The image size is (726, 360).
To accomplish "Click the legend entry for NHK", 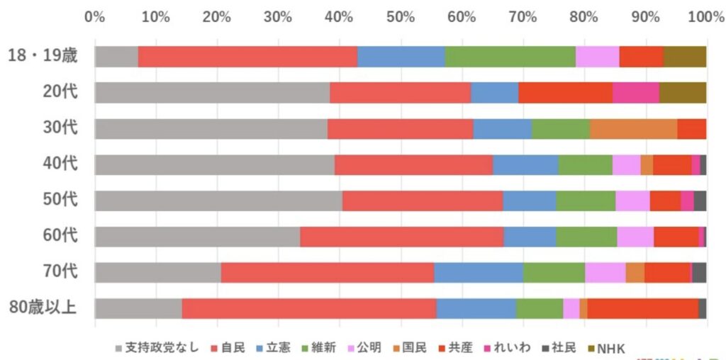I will coord(610,348).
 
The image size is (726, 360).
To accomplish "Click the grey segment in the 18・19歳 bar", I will coord(116,56).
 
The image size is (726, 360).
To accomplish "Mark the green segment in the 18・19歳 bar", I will coord(510,56).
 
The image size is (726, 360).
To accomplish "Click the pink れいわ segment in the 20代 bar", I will coord(635,92).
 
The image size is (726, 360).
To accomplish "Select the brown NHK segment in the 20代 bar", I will coord(682,92).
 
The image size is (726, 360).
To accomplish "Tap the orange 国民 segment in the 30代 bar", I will coord(633,128).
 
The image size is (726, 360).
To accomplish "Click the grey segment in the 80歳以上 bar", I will coord(138,308).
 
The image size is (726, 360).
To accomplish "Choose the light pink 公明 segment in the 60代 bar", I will coord(635,237).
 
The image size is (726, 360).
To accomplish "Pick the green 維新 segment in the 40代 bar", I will coord(585,164).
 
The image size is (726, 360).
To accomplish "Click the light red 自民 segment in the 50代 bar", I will coord(423,201).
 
